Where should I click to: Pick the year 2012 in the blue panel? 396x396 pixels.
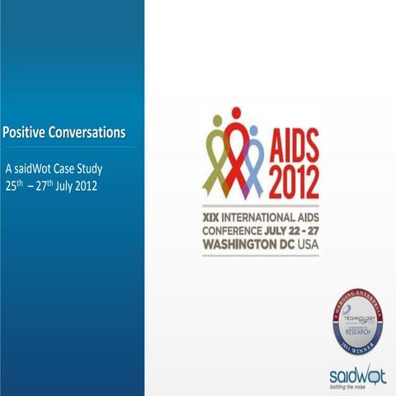(85, 185)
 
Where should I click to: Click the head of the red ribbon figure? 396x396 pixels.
(237, 113)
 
